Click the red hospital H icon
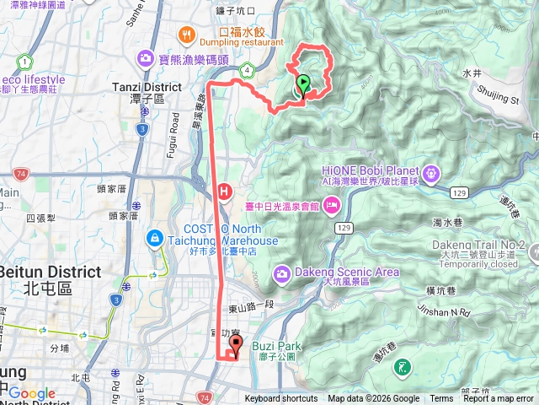tap(224, 192)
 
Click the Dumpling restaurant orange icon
tap(185, 35)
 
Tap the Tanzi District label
tap(147, 87)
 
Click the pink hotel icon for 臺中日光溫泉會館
tap(331, 204)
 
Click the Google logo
tap(32, 393)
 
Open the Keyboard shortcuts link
tap(281, 399)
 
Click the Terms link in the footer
tap(441, 399)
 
